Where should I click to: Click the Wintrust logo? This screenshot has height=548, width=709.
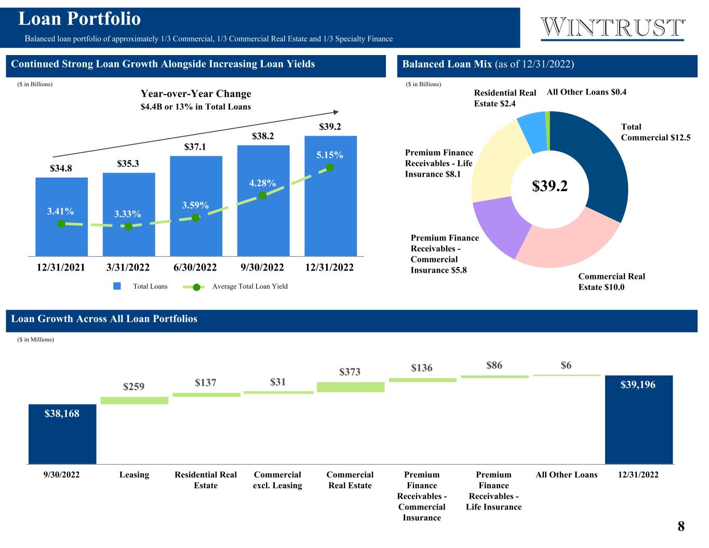point(613,29)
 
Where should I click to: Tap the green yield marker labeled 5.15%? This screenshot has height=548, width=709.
point(329,167)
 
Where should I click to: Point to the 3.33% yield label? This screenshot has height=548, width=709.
point(128,214)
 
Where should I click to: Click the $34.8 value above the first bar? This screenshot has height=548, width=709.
point(61,169)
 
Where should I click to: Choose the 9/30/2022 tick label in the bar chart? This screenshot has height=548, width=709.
point(263,268)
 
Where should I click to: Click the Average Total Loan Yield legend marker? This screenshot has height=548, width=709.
point(196,287)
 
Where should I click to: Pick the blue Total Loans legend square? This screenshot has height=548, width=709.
point(117,286)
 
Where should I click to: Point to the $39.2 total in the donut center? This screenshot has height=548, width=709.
point(550,186)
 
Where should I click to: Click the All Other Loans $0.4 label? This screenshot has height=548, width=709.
point(586,92)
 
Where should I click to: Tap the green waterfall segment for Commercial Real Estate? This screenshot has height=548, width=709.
point(351,387)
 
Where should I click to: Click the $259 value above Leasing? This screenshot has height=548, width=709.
point(134,387)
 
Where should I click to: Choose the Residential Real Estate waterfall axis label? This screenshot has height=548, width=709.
point(206,480)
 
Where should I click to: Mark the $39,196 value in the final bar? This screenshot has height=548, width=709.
point(639,385)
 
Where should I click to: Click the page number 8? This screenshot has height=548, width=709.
point(681,527)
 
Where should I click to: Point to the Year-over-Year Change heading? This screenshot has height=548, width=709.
point(196,94)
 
